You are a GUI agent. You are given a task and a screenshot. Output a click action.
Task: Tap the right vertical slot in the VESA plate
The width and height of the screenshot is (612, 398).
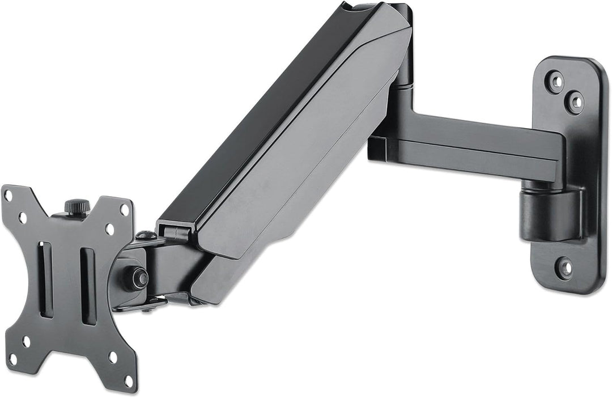[88, 286]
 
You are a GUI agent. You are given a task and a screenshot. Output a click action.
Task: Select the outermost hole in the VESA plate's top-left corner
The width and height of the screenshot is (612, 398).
[8, 195]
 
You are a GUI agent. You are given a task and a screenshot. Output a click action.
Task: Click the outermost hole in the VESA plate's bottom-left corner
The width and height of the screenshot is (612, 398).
[12, 357]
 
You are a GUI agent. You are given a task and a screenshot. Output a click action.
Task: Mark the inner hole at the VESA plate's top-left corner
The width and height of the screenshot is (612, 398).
[23, 217]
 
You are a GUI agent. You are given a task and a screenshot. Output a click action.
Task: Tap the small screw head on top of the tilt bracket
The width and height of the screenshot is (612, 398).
[146, 235]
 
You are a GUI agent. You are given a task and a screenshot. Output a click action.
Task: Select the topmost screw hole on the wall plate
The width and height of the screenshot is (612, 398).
[555, 82]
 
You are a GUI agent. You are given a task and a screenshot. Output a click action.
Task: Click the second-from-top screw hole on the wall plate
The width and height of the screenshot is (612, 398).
[575, 102]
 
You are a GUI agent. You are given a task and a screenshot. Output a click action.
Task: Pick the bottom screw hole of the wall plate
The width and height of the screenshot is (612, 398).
[563, 267]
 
